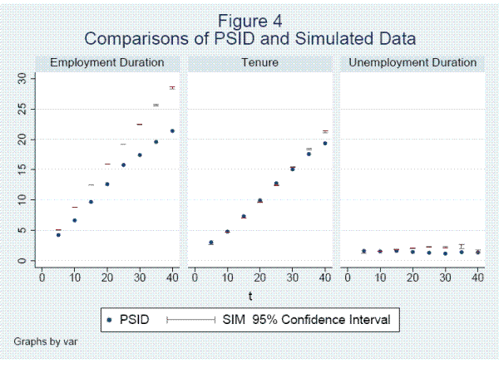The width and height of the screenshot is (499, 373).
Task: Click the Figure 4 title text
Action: [250, 22]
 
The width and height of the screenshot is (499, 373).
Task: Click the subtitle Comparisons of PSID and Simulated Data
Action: [250, 38]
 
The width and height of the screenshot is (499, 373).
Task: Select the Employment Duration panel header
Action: [107, 62]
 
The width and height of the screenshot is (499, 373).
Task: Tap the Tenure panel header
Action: [260, 62]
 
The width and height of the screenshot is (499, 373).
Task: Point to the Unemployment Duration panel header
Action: [413, 62]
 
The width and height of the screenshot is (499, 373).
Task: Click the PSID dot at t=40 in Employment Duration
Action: [172, 130]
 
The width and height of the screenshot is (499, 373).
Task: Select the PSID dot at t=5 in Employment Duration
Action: [58, 235]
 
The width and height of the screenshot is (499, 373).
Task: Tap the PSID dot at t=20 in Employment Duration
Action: [106, 184]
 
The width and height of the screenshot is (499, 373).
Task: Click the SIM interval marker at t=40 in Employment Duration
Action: [172, 87]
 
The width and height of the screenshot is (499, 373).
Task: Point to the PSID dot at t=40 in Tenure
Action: [325, 143]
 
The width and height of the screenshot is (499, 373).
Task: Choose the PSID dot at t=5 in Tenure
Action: [211, 243]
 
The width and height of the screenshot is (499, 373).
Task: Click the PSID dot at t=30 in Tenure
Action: [293, 169]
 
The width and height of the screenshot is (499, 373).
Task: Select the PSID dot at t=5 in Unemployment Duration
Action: [363, 251]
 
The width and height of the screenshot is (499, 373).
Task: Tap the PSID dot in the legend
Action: [110, 319]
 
